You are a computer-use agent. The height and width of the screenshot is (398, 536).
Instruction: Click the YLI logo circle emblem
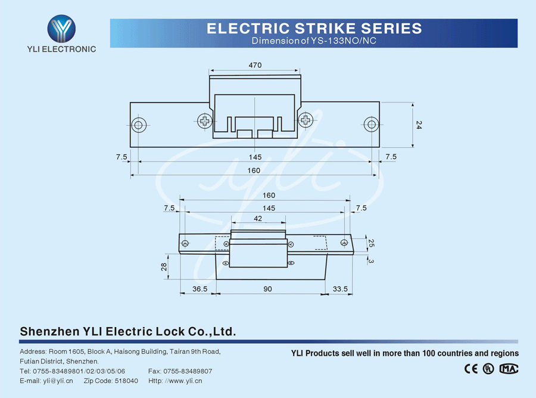point(62,28)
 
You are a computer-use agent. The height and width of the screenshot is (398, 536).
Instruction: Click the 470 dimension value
point(255,65)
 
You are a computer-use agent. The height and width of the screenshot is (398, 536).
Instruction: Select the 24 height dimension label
point(419,125)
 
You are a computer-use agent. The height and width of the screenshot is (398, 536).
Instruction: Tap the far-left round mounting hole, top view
point(139,125)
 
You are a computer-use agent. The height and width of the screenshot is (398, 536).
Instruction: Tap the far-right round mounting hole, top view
point(371,125)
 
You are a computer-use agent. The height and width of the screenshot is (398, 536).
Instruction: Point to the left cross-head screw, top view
point(205,121)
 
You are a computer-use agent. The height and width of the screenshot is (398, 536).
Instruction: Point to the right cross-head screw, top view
point(306,121)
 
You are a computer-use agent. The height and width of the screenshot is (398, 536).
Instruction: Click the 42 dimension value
point(258,219)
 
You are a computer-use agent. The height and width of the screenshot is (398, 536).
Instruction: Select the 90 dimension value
point(268,289)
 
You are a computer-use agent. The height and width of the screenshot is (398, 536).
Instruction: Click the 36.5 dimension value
point(200,289)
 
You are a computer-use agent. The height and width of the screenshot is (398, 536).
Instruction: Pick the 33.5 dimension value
point(340,289)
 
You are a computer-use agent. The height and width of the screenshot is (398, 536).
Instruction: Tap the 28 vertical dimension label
point(164,267)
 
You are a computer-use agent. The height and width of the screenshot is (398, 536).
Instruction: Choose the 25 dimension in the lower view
point(371,243)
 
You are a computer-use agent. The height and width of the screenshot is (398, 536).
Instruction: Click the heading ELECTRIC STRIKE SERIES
point(314,28)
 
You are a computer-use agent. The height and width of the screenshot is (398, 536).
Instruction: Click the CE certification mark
point(471,368)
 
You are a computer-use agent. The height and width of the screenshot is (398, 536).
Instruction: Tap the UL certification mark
point(489,368)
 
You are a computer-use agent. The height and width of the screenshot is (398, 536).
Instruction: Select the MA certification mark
point(509,368)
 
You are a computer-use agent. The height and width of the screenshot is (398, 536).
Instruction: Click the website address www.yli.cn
point(184,381)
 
